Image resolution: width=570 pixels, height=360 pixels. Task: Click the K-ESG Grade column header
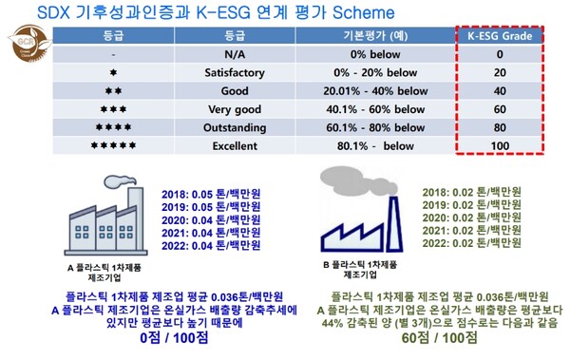point(505,37)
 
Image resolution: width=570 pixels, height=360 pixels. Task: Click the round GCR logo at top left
point(21,46)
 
